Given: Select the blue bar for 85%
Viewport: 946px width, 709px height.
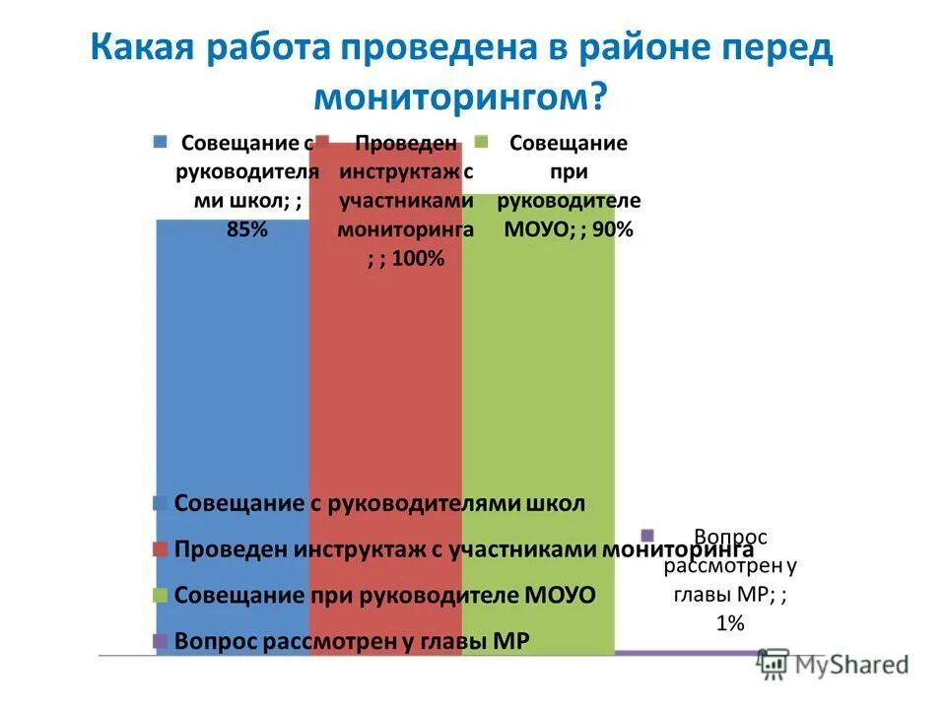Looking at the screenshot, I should click(x=233, y=374).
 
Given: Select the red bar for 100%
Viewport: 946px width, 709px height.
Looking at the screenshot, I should click(x=385, y=374).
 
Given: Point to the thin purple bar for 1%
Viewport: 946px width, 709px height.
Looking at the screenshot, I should click(x=690, y=652).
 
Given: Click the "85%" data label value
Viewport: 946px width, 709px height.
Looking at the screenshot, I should click(x=245, y=229).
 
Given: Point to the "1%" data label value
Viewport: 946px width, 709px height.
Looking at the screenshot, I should click(x=729, y=622).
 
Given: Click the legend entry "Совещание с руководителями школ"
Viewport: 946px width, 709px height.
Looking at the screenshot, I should click(x=379, y=503).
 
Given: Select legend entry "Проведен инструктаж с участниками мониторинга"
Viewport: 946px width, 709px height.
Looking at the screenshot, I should click(x=463, y=549).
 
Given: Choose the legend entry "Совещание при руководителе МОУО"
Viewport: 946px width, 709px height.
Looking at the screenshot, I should click(x=384, y=596).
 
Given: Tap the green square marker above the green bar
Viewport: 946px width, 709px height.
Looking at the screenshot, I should click(x=483, y=141).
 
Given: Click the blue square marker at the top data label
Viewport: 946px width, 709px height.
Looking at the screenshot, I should click(x=161, y=141).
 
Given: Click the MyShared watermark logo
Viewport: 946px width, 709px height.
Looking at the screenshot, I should click(x=833, y=664).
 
